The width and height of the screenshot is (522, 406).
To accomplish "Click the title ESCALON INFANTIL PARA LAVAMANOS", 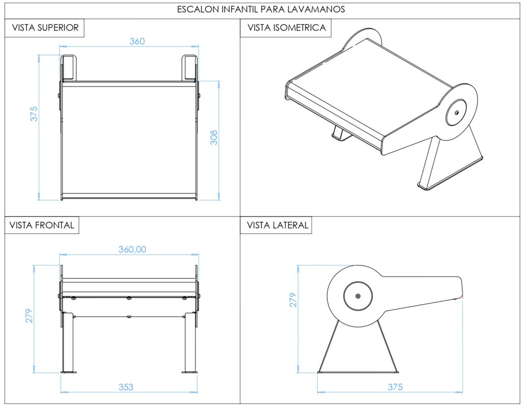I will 260,9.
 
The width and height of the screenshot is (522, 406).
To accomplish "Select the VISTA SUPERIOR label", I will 45,28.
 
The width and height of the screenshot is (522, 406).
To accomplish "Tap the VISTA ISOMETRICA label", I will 286,28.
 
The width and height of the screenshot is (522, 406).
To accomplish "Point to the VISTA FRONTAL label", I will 42,225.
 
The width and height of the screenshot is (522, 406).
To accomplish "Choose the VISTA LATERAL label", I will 278,225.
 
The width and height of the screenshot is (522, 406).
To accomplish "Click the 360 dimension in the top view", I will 137,41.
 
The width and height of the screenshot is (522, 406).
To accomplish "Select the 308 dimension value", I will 214,137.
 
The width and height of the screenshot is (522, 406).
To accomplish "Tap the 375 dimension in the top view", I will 34,113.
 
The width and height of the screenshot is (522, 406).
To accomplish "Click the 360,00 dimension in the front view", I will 132,249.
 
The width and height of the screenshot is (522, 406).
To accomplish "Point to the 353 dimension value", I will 125,387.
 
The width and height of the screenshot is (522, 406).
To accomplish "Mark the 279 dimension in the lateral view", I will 293,300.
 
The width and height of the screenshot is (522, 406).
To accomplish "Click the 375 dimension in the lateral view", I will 395,387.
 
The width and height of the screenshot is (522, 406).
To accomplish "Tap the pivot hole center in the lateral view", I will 358,296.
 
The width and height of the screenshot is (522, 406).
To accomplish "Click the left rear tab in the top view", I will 68,68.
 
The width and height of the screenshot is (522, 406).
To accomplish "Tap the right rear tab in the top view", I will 190,68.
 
